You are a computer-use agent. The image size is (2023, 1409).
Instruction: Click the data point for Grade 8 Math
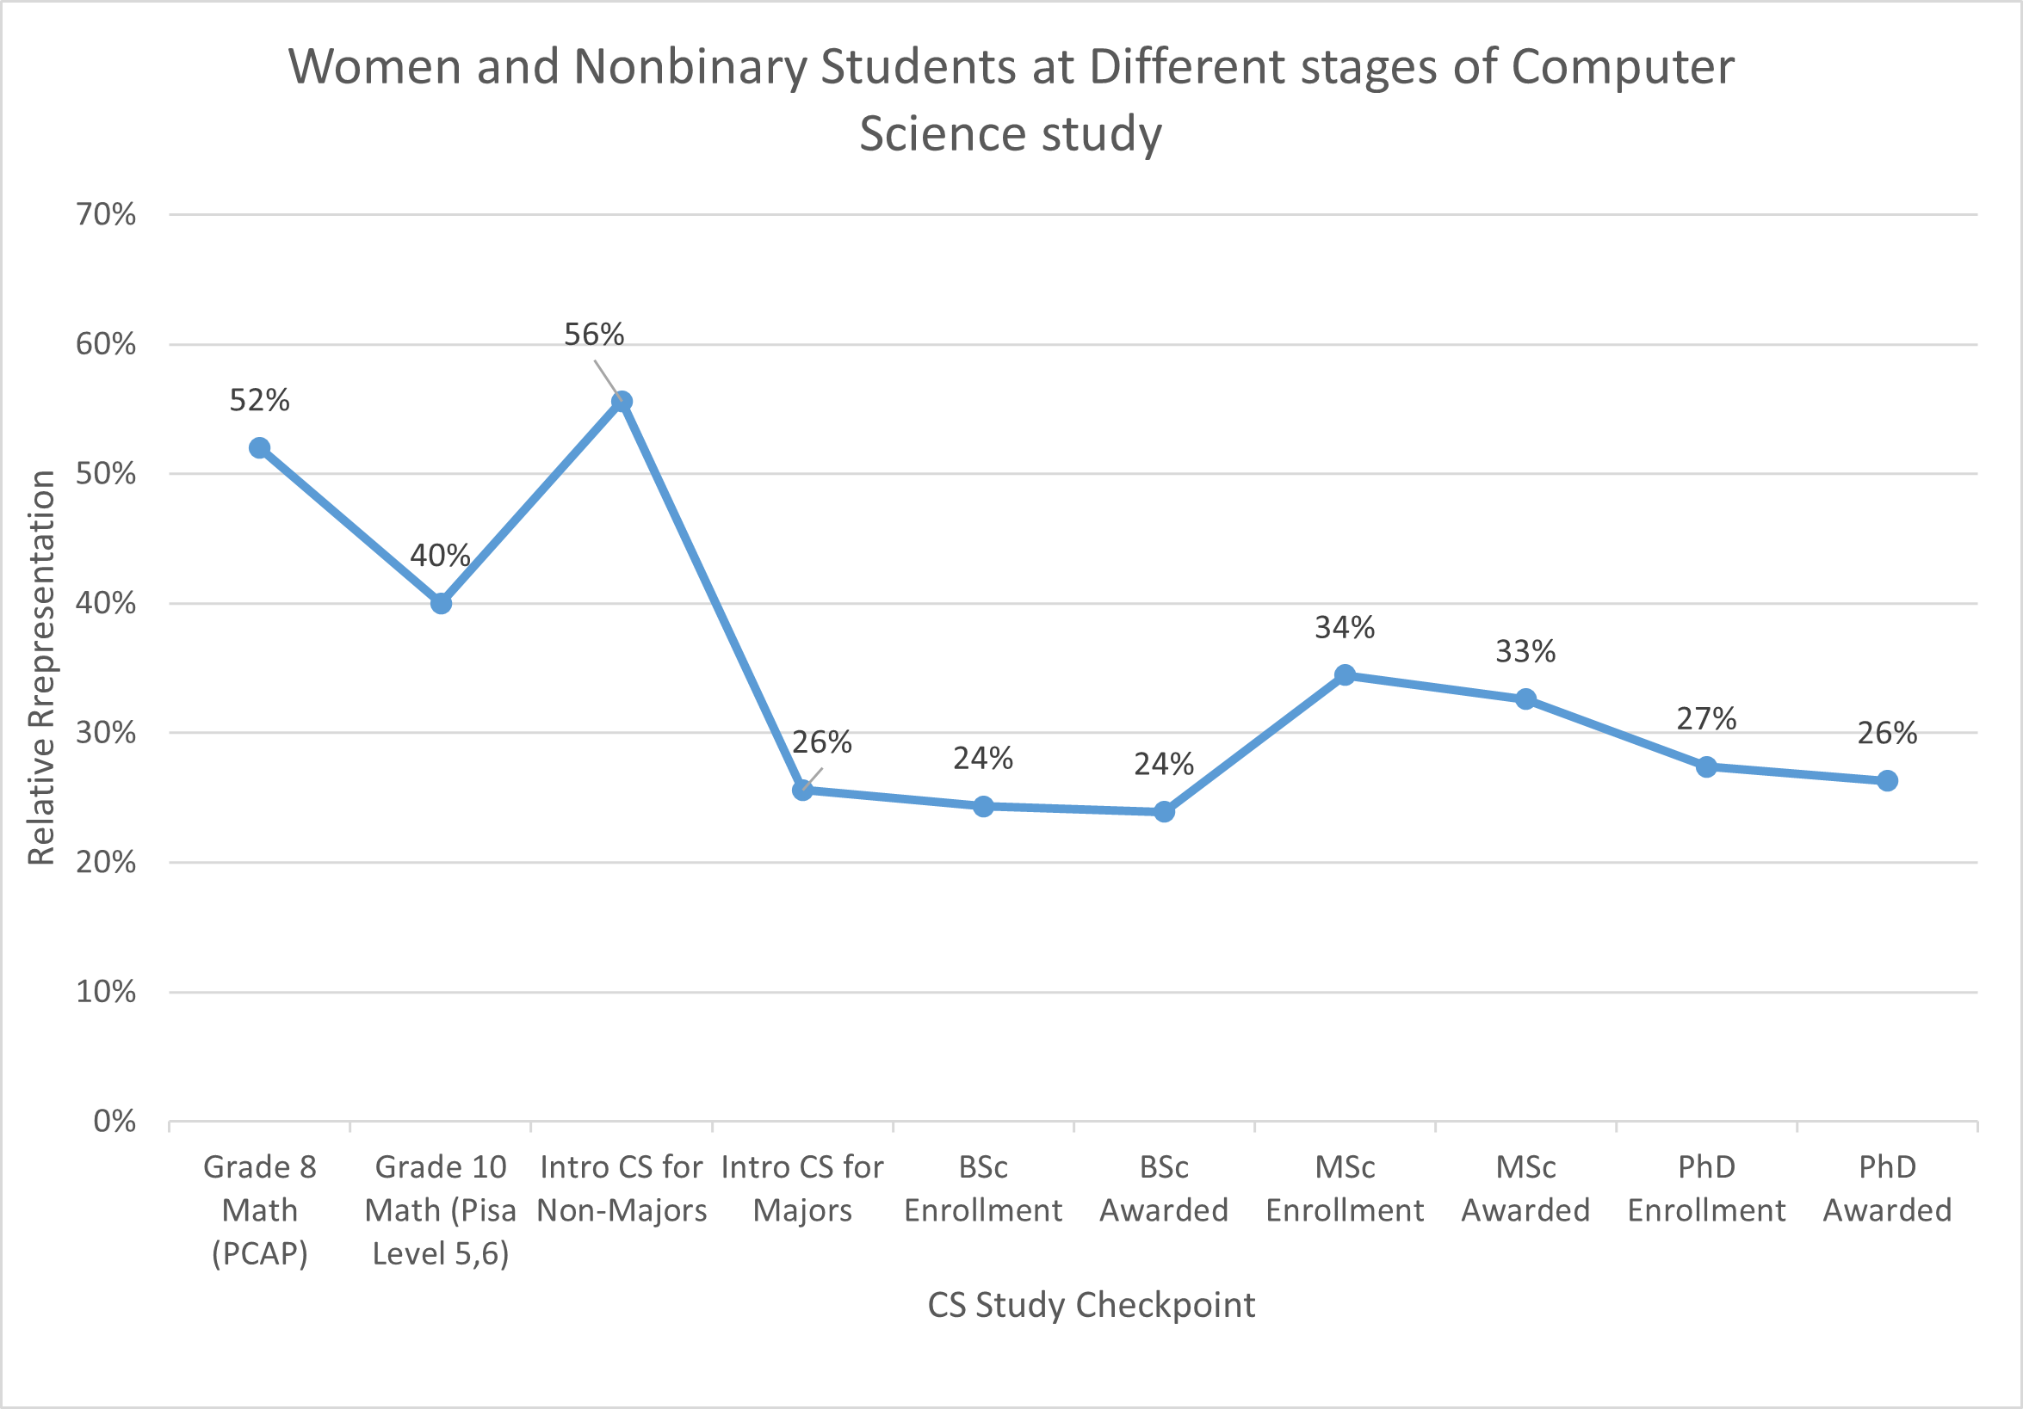tap(259, 448)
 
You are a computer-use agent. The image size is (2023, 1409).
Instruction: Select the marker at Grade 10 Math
tap(441, 603)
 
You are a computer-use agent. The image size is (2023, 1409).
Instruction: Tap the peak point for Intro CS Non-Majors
tap(622, 402)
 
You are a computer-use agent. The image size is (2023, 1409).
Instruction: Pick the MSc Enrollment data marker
tap(1345, 675)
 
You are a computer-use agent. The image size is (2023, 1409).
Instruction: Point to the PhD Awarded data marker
tap(1886, 781)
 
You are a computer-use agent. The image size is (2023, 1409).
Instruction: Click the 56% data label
tap(594, 335)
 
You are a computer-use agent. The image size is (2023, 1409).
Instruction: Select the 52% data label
tap(259, 401)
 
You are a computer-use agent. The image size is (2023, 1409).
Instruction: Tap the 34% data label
tap(1345, 628)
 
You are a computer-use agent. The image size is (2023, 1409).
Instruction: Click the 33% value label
tap(1525, 652)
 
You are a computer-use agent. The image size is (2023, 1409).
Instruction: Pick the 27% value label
tap(1706, 719)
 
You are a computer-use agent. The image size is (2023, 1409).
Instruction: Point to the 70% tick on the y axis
tap(106, 215)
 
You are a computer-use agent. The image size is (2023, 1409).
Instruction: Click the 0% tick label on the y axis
tap(114, 1122)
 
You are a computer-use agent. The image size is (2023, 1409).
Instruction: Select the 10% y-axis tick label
tap(106, 993)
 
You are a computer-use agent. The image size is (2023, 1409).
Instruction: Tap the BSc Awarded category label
tap(1163, 1189)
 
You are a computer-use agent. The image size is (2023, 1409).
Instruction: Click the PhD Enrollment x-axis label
tap(1706, 1189)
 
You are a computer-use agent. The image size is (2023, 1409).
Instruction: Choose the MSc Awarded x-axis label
tap(1525, 1189)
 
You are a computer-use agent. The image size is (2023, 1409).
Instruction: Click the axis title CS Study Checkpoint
tap(1091, 1305)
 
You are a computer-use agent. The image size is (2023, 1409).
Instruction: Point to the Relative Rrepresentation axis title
tap(41, 668)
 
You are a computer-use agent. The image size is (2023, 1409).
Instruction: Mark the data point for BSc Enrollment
tap(983, 807)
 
